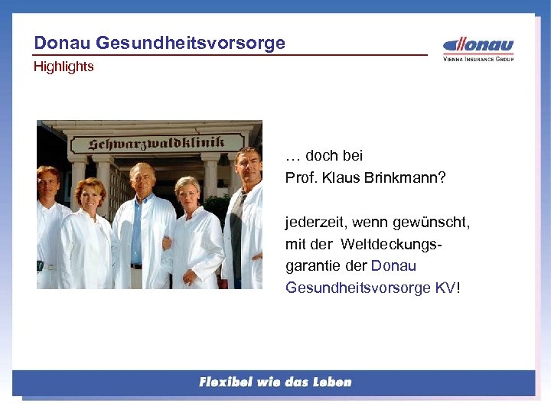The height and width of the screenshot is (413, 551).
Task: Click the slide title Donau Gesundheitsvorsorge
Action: click(x=159, y=43)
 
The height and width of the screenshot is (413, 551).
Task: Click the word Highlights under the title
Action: click(x=64, y=67)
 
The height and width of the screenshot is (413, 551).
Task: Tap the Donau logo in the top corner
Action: click(x=479, y=45)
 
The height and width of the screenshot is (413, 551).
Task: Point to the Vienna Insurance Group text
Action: click(x=478, y=59)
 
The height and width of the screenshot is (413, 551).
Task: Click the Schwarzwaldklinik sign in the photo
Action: click(x=156, y=144)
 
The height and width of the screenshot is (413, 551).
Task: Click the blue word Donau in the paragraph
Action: click(x=393, y=266)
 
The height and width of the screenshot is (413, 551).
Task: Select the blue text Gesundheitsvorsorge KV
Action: click(x=370, y=288)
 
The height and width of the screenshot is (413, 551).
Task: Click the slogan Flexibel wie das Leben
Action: click(x=275, y=382)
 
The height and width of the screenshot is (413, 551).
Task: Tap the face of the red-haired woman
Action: click(x=90, y=196)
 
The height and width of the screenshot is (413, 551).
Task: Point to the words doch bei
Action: click(x=334, y=156)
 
